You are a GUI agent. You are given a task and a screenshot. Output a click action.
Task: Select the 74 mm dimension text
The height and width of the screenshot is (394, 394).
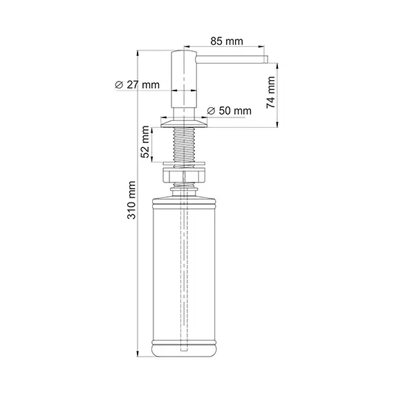click(x=271, y=92)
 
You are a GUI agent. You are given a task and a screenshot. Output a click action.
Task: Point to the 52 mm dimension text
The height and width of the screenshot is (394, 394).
click(x=145, y=143)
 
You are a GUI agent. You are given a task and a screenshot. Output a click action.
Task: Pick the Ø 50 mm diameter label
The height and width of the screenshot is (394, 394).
click(x=229, y=111)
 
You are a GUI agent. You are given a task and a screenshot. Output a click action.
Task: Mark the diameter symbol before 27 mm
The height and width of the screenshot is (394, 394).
click(x=119, y=85)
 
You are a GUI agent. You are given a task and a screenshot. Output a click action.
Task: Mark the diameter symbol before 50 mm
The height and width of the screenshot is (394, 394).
click(x=211, y=111)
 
